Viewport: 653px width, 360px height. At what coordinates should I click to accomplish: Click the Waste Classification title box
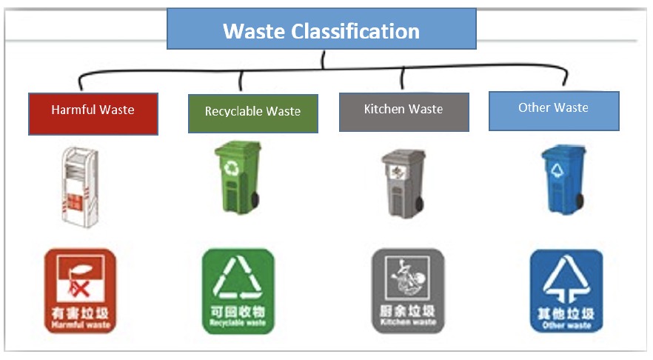321,30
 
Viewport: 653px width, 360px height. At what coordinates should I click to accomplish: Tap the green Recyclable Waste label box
252,113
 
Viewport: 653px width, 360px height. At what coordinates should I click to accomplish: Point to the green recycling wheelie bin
238,178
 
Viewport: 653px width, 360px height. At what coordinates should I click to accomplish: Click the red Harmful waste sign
79,291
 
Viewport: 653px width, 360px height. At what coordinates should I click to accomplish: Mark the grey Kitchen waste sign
407,291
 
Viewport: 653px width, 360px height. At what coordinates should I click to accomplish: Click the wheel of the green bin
256,201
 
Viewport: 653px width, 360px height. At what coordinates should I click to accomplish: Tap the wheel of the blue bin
580,201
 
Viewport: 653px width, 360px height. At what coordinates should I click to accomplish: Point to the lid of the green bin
238,148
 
